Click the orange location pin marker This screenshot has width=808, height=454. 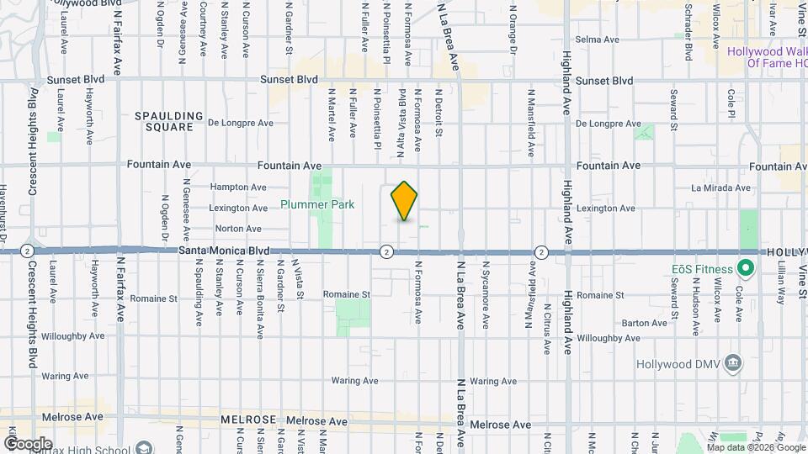(404, 201)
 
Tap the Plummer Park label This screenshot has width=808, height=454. (317, 204)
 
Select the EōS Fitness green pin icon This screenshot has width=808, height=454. (744, 269)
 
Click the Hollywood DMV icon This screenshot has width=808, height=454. (735, 362)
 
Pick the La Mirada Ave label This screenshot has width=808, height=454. (720, 187)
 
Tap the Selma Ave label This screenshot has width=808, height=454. (597, 40)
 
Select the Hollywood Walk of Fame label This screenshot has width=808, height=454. (767, 57)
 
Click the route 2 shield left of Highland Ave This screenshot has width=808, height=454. (541, 251)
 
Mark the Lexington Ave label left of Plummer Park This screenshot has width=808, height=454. (239, 208)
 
